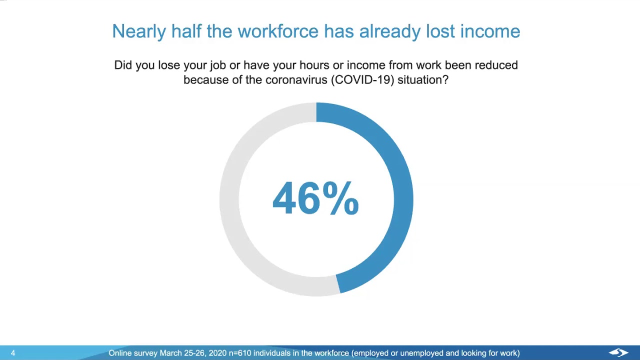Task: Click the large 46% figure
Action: click(x=315, y=198)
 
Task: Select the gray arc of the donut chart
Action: click(x=229, y=200)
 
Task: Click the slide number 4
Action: click(x=13, y=353)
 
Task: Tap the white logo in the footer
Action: click(x=618, y=353)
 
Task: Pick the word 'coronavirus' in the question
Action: click(x=296, y=79)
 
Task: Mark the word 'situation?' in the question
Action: click(x=423, y=79)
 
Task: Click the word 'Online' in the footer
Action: click(x=118, y=353)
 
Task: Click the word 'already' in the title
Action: click(x=389, y=31)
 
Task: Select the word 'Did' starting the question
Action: click(x=123, y=65)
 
